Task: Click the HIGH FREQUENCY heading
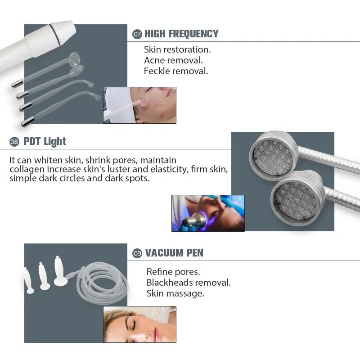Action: coord(181,34)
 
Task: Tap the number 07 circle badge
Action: coord(137,34)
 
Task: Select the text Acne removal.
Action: coord(173,60)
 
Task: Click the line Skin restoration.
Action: coord(177,49)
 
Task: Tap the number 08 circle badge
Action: coord(14,142)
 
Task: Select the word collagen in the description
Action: coord(27,169)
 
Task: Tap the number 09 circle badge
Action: coord(137,253)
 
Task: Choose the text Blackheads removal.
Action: coord(189,283)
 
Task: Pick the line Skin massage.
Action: coord(175,293)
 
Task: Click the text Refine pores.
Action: coord(173,272)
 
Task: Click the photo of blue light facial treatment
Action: coord(208,213)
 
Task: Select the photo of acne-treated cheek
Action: coord(139,105)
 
